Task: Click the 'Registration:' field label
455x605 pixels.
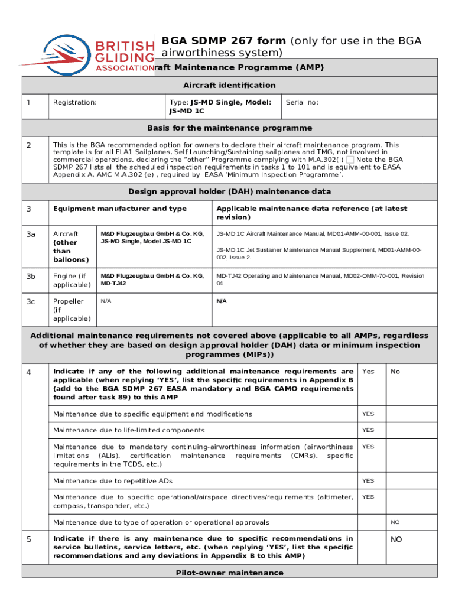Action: pos(75,102)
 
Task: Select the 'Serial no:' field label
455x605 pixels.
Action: pos(302,102)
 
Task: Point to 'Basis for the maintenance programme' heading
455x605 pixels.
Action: pos(229,128)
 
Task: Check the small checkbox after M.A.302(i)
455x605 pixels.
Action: pos(350,160)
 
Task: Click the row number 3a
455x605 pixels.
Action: pos(31,234)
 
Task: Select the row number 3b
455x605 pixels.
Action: pos(31,276)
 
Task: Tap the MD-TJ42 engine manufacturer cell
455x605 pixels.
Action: pos(152,279)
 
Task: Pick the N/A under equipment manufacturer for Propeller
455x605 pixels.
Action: pos(106,301)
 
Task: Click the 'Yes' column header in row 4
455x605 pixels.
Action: pos(368,372)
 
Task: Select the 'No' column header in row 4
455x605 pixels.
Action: pos(395,372)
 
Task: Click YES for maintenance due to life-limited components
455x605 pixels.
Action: pos(368,430)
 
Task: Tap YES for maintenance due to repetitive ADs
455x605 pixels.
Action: pos(368,480)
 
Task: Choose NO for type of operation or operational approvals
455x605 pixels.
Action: pos(395,522)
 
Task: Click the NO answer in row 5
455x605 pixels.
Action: pos(396,539)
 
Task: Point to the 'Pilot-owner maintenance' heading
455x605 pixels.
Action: pos(229,573)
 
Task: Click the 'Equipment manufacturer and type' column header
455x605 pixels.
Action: pos(120,209)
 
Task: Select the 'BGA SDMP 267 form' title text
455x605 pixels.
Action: pos(224,41)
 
